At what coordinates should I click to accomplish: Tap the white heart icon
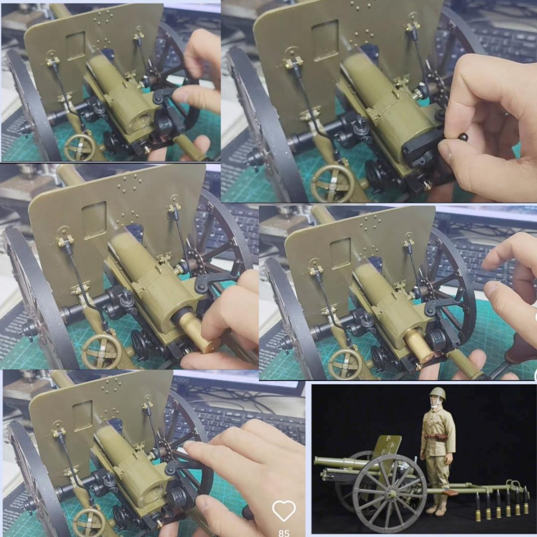point(284,510)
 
